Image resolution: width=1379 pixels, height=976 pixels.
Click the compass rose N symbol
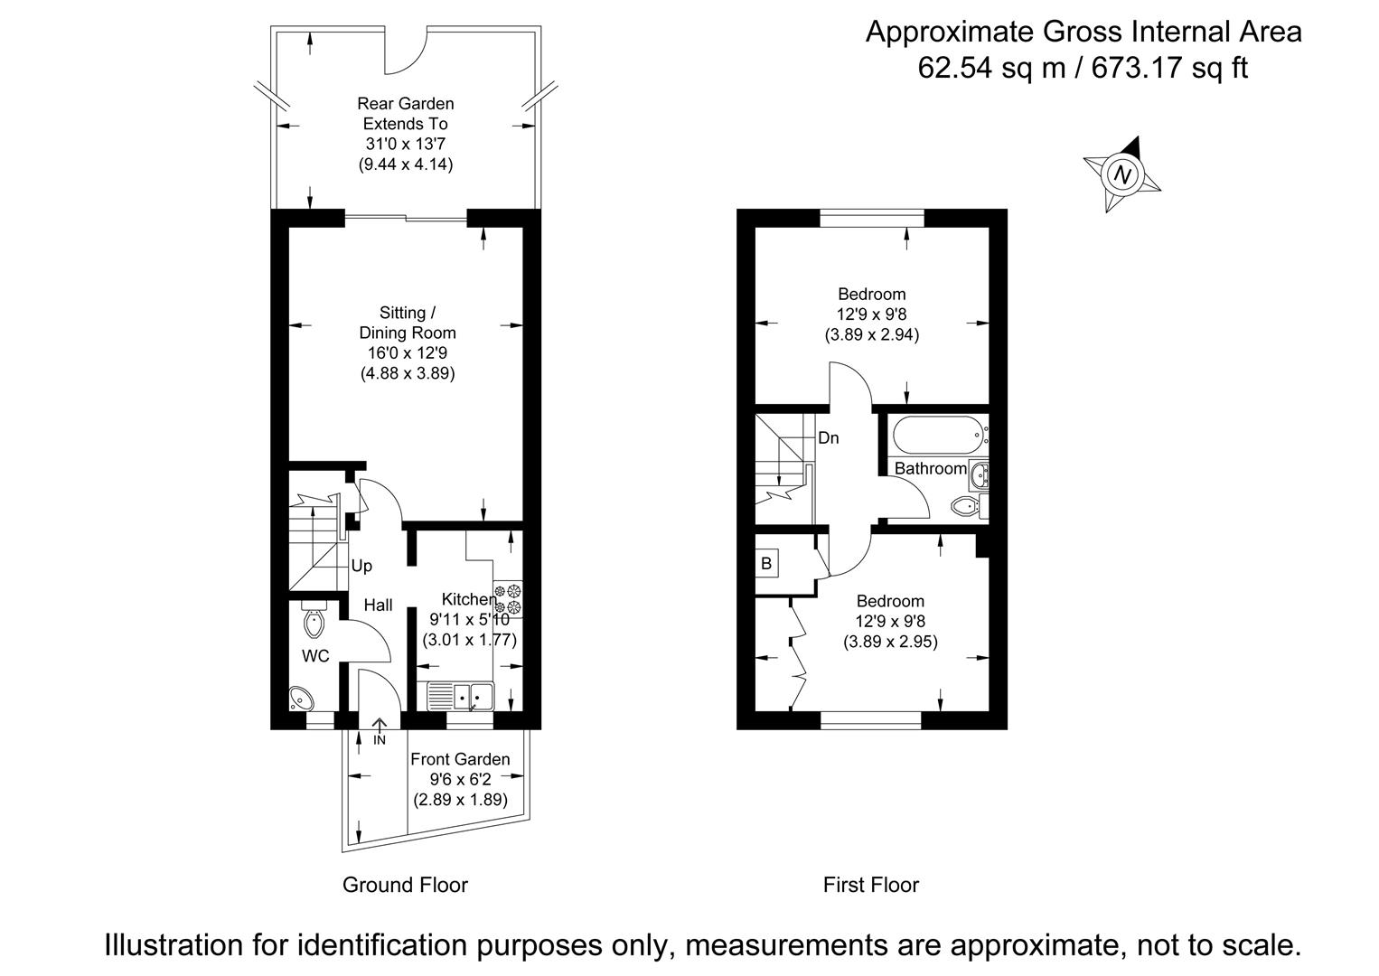point(1122,174)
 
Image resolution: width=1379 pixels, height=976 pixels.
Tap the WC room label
point(315,656)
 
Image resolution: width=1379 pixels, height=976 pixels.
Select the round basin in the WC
point(301,699)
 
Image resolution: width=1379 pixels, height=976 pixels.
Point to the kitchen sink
point(461,696)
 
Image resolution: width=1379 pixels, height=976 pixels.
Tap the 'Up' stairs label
point(361,566)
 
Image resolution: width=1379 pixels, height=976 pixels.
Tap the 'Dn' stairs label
point(828,438)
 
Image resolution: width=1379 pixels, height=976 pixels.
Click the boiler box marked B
point(766,563)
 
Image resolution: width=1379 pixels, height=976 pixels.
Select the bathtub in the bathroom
point(937,436)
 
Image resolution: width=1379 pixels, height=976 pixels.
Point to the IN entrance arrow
point(380,728)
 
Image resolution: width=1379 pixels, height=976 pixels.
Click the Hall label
point(378,605)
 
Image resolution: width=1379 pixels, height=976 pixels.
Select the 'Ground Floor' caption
point(405,885)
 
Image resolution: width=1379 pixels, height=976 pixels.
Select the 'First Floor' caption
point(870,885)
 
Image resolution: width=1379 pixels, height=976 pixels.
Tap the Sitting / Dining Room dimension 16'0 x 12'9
point(407,352)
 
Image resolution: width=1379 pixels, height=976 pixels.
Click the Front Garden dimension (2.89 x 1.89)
point(460,800)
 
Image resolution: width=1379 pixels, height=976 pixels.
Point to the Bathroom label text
point(930,468)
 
